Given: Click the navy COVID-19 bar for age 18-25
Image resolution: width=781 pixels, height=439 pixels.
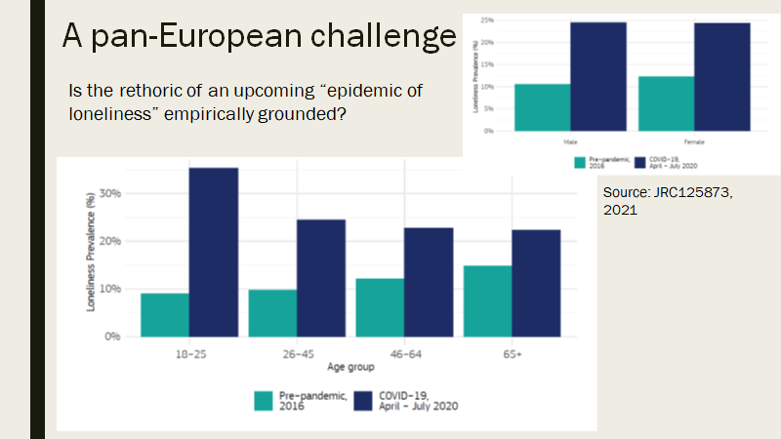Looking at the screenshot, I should [x=214, y=252].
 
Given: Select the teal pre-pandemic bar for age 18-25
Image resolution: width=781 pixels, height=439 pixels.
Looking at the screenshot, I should [x=165, y=314].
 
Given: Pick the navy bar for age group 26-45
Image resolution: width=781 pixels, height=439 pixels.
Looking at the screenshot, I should [x=321, y=278].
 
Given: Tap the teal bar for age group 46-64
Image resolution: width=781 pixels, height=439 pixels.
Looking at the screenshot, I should [x=380, y=307].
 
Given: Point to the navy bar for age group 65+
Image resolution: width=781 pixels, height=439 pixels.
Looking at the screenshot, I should [x=536, y=283].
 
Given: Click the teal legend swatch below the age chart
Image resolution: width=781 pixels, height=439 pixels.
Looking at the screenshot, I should [x=264, y=400].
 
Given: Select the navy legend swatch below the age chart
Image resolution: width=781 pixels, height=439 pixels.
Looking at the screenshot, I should [x=363, y=400].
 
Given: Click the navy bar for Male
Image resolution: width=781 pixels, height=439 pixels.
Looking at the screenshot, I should [x=598, y=76].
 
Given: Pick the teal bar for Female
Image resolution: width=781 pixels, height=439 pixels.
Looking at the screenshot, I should [x=666, y=102].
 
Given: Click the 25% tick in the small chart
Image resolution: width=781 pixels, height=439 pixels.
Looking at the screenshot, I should [x=484, y=20].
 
